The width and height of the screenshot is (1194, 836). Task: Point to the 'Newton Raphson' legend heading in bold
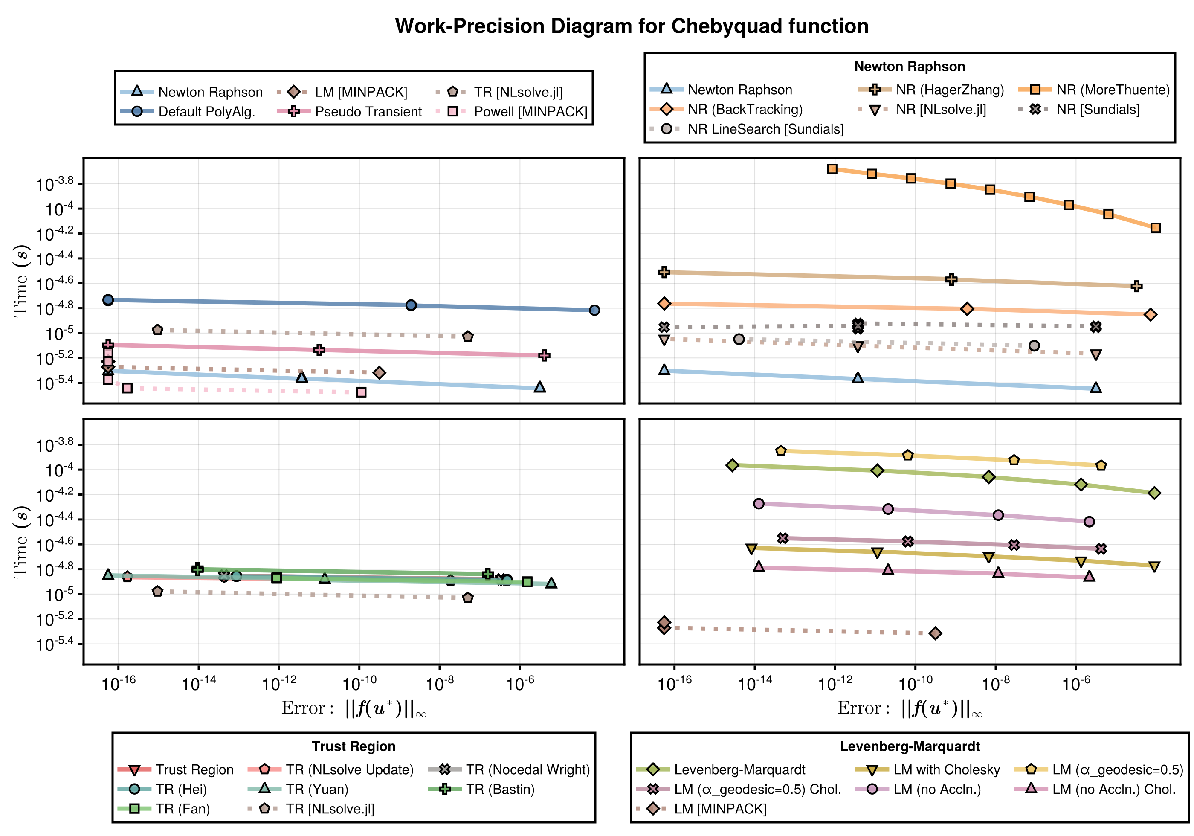tap(910, 67)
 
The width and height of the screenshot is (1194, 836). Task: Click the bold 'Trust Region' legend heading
tap(354, 746)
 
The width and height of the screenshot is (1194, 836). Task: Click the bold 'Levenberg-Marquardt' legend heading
tap(910, 746)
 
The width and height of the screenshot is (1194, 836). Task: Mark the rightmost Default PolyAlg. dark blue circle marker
tap(594, 310)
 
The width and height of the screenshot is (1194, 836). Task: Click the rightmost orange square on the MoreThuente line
tap(1156, 228)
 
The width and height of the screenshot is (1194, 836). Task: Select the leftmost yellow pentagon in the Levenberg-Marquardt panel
tap(780, 451)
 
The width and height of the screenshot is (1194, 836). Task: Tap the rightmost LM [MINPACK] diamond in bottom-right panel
tap(935, 633)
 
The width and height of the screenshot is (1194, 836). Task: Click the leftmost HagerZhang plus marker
tap(664, 272)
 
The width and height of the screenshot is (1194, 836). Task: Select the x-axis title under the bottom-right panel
tap(910, 708)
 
